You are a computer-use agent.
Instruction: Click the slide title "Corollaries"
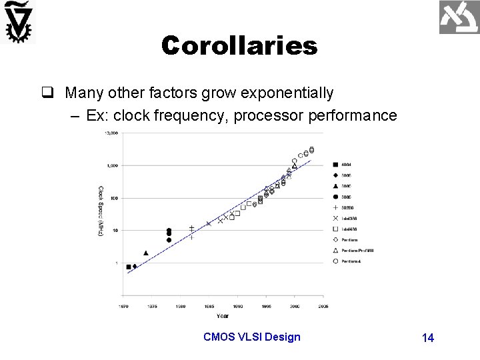(x=239, y=46)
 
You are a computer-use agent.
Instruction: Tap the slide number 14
(x=428, y=338)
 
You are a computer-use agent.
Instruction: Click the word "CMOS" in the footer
(x=218, y=337)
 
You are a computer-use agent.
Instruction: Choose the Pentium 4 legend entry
(x=348, y=261)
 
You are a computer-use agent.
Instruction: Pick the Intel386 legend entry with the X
(x=348, y=218)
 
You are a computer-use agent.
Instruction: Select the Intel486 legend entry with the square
(x=348, y=229)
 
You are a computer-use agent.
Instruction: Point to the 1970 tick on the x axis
(x=124, y=307)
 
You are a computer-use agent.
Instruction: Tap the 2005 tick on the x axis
(x=323, y=307)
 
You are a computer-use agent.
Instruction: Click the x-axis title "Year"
(x=222, y=315)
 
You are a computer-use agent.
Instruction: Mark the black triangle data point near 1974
(x=146, y=253)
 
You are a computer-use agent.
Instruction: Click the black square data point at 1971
(x=129, y=267)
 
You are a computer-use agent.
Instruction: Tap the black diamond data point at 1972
(x=135, y=266)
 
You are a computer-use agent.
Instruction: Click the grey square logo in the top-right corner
(x=459, y=18)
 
